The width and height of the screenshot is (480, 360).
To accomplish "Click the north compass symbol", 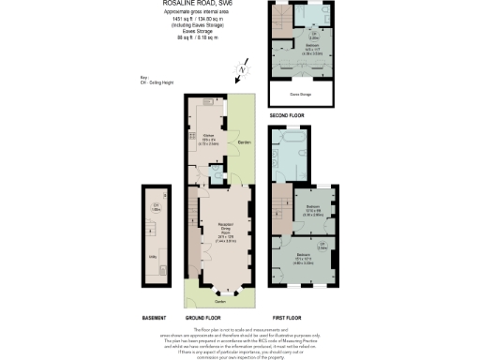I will [242, 69].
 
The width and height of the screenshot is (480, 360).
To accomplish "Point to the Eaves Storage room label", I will [301, 94].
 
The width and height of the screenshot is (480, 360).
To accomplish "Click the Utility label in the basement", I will [151, 253].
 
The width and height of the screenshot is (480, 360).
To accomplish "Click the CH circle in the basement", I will [157, 207].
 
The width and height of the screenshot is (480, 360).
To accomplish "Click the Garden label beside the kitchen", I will [243, 142].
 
